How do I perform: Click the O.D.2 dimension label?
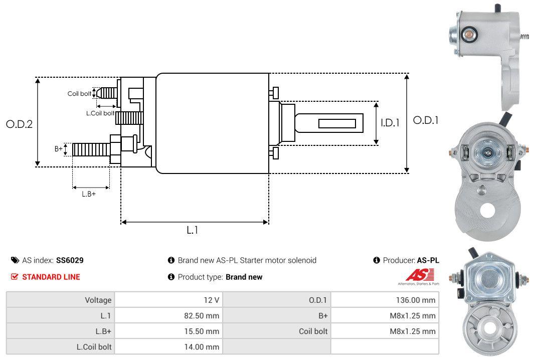click(19, 124)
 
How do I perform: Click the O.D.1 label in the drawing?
click(426, 120)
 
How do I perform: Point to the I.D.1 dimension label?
click(390, 122)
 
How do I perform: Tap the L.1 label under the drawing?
click(193, 230)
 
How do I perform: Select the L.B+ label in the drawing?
click(89, 194)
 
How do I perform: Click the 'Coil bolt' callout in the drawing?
click(79, 94)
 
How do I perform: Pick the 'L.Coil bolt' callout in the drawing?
click(100, 113)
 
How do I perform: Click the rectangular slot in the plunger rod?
click(337, 123)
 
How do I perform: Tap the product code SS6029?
click(70, 260)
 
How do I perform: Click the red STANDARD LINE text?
click(51, 277)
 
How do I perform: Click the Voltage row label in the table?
click(98, 300)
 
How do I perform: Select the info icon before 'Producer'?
click(377, 260)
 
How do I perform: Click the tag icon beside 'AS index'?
click(15, 260)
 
